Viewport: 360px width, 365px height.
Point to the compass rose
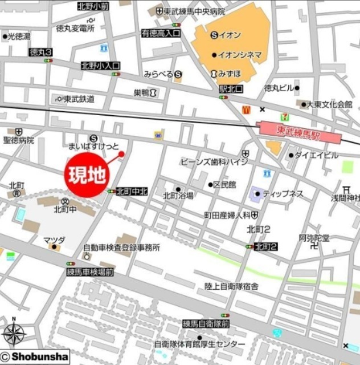[x=15, y=336]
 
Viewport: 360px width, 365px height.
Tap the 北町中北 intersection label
[x=132, y=192]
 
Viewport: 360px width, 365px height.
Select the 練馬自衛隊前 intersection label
[x=206, y=323]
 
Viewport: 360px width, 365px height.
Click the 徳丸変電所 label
[x=75, y=29]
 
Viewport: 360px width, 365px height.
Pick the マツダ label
[x=55, y=240]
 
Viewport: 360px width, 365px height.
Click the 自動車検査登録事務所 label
[x=121, y=248]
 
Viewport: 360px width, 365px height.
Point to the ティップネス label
[x=283, y=194]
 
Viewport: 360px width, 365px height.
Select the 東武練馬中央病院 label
[x=194, y=11]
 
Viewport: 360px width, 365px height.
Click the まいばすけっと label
[x=93, y=147]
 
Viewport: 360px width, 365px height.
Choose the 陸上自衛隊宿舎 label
[x=232, y=286]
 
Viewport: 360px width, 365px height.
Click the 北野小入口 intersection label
[x=100, y=66]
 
